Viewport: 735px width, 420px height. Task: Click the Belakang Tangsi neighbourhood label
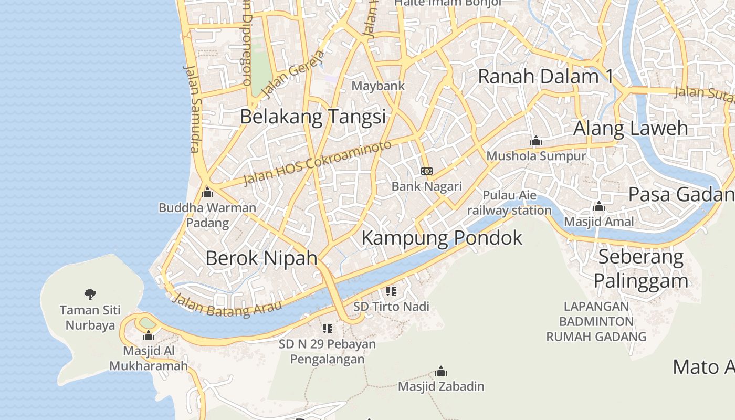coord(313,117)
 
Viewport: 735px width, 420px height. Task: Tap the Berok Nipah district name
coord(261,258)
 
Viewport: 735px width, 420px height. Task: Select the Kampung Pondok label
coord(442,238)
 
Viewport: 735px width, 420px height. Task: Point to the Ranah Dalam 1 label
coord(545,77)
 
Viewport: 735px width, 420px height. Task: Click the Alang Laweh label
coord(630,128)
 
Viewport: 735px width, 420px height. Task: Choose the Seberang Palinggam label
coord(640,268)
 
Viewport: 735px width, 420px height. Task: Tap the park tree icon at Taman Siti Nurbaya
coord(90,295)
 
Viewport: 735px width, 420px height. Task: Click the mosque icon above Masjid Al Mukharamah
coord(149,335)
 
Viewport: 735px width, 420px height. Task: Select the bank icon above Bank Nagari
coord(427,171)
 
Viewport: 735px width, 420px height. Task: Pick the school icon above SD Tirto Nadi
coord(391,291)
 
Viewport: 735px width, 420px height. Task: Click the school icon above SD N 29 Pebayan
coord(328,329)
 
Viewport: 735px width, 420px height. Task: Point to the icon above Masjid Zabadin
coord(441,372)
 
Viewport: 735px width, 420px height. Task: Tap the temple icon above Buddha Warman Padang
coord(207,192)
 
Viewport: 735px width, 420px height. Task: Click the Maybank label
coord(378,86)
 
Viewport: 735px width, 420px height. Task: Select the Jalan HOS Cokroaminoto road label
coord(318,163)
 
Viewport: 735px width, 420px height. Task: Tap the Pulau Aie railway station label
coord(509,203)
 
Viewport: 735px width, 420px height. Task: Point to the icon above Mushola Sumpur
coord(535,141)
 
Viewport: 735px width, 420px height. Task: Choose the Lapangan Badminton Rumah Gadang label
coord(596,321)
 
